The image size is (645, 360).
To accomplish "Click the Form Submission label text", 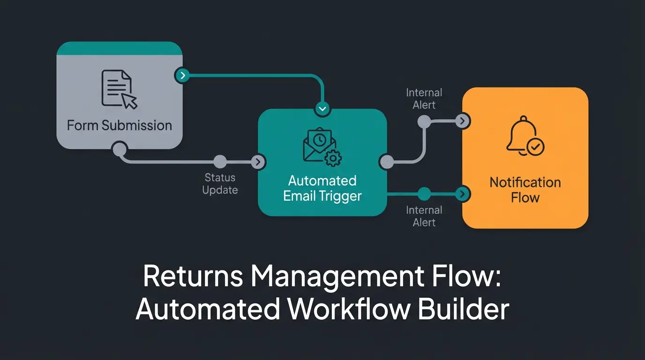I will pos(119,125).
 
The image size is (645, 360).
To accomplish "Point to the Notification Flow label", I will pos(525,190).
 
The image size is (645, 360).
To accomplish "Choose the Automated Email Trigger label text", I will pos(322,188).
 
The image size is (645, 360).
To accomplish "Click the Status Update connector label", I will pos(220,184).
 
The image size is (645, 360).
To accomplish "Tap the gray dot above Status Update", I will pos(220,162).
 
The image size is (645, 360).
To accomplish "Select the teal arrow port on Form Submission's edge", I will pos(182,75).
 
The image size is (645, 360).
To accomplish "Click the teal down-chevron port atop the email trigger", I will pos(322,109).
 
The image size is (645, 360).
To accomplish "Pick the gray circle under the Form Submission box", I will pos(120,150).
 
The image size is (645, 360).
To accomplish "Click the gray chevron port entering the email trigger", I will pos(258,162).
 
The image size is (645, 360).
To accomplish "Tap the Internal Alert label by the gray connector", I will pos(424,99).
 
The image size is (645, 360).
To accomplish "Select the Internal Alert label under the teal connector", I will pos(424,216).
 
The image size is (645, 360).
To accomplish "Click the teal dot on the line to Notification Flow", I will pos(424,194).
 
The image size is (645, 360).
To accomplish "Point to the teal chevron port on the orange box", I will pos(463,194).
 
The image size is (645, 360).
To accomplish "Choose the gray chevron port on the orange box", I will pos(463,121).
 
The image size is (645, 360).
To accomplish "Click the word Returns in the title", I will pos(193,277).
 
